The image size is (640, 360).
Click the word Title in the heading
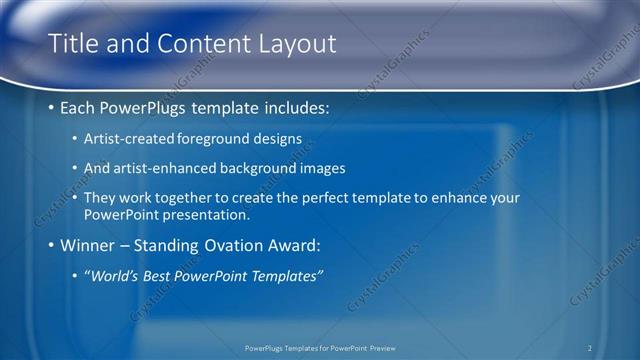pos(73,44)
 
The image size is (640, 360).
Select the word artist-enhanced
pos(160,169)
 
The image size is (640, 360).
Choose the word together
pos(194,200)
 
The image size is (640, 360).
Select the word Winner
pos(88,245)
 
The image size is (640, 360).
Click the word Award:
pos(295,245)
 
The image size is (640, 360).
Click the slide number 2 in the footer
pos(590,348)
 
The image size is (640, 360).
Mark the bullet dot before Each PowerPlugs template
pos(52,107)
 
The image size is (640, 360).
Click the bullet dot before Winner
pos(52,245)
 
